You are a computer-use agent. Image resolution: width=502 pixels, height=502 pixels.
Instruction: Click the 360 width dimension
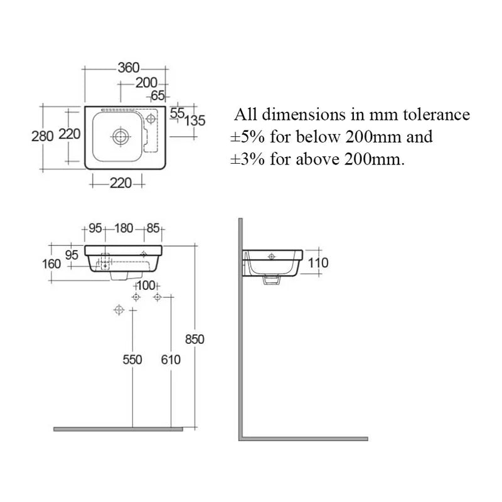tap(128, 68)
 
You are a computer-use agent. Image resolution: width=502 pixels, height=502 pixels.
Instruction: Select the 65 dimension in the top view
tap(158, 95)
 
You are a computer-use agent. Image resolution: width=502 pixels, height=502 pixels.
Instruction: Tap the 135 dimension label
tap(195, 120)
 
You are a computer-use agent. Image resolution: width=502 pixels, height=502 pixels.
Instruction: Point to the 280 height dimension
tap(42, 136)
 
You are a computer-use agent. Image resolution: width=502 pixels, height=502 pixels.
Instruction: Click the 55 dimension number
tap(178, 112)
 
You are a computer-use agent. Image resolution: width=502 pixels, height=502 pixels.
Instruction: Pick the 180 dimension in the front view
tap(123, 228)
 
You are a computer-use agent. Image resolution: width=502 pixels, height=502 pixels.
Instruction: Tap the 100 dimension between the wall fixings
tap(146, 286)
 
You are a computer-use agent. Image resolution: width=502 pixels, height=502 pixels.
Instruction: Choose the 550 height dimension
tap(132, 360)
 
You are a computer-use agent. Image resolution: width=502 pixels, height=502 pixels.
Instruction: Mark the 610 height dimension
tap(170, 360)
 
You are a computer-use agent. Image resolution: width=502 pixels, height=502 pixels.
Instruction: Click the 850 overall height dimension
tap(195, 339)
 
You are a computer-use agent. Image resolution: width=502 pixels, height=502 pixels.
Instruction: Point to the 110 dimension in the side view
tap(319, 263)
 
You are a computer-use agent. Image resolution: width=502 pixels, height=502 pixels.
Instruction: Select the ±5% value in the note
tap(245, 136)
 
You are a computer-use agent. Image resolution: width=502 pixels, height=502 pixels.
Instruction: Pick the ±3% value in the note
tap(245, 158)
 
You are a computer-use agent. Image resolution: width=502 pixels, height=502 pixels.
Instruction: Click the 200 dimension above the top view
tap(146, 82)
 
